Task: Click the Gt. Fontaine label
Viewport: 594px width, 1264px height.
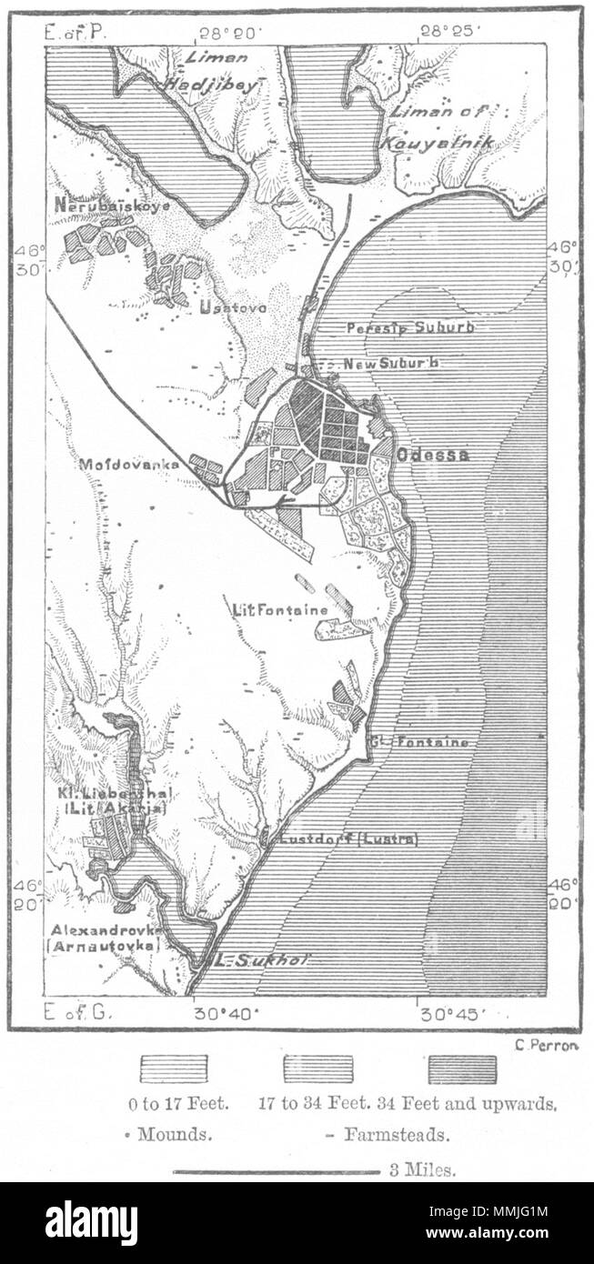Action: click(420, 742)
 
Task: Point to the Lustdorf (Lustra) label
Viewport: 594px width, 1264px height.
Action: click(349, 839)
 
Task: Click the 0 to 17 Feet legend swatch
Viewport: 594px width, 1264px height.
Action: click(173, 1068)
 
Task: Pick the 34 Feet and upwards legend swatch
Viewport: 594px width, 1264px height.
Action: click(462, 1068)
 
